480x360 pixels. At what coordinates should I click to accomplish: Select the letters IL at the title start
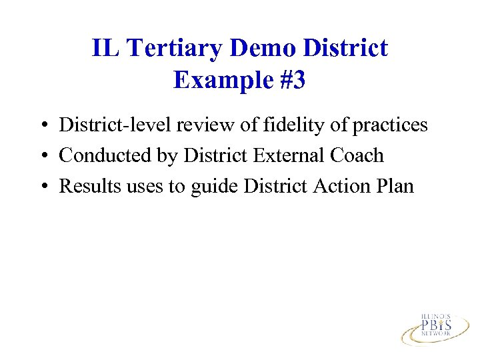click(x=104, y=48)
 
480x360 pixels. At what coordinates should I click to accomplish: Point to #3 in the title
click(x=292, y=80)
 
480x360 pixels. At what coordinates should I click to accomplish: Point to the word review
click(x=200, y=125)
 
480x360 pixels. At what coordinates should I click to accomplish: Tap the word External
click(x=285, y=155)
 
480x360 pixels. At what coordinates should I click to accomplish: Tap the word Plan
click(x=395, y=186)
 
